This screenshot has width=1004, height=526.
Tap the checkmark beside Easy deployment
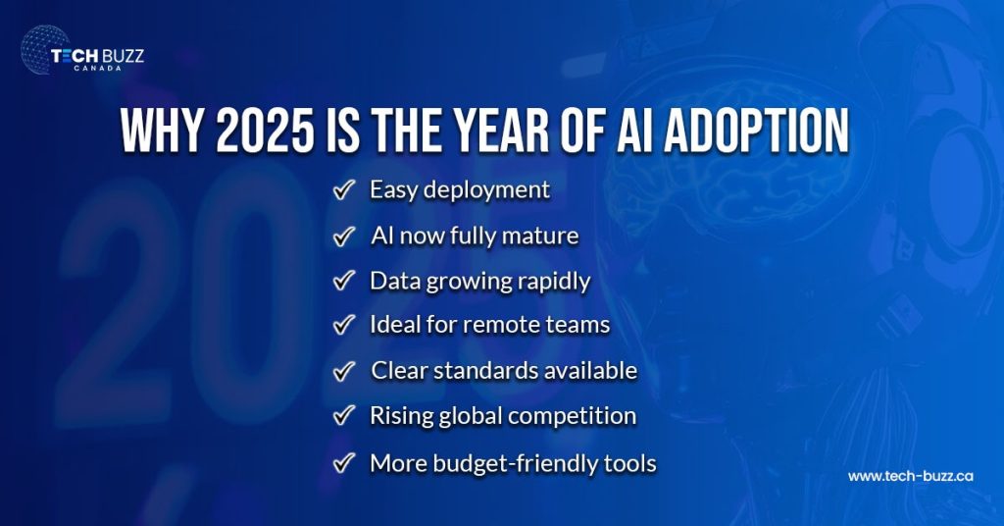pyautogui.click(x=343, y=190)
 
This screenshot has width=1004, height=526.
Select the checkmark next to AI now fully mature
pyautogui.click(x=343, y=237)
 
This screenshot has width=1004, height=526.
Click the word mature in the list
pyautogui.click(x=544, y=236)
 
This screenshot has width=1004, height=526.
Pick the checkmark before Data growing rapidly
pyautogui.click(x=343, y=282)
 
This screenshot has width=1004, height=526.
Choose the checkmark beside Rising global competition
pyautogui.click(x=343, y=416)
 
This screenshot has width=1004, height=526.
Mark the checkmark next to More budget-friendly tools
pyautogui.click(x=343, y=462)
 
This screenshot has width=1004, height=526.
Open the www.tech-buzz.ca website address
pyautogui.click(x=910, y=476)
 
